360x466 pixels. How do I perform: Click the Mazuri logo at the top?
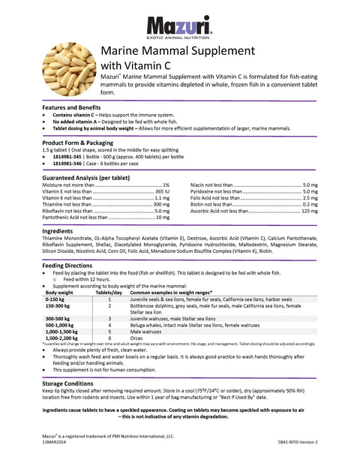180,28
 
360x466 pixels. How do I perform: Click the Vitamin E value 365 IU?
162,191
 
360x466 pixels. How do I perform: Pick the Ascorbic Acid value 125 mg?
309,211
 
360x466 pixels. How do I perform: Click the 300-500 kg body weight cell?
57,318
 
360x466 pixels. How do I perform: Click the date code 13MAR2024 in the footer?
55,443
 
